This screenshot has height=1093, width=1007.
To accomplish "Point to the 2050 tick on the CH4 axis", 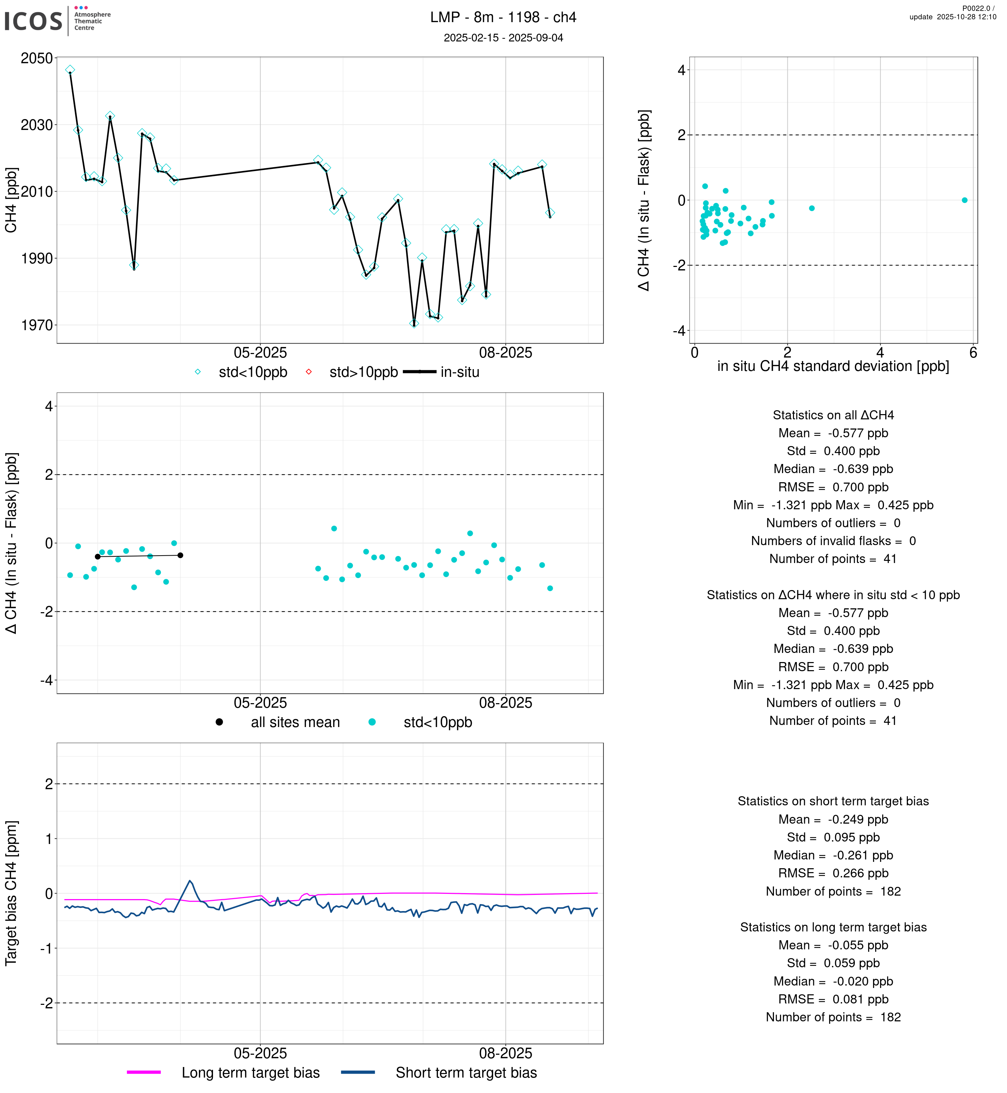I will pos(37,58).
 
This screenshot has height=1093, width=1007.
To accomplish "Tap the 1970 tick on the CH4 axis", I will pos(37,326).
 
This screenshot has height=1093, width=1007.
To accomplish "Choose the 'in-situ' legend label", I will pos(459,373).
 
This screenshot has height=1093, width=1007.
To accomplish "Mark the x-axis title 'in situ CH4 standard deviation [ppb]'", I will pos(833,367).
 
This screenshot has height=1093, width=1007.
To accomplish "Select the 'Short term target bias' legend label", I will pos(466,1073).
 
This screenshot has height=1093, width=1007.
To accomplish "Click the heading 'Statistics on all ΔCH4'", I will pos(833,415).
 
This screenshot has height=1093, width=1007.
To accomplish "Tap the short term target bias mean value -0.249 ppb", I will pos(857,820).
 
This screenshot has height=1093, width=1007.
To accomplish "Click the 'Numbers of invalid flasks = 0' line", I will pos(833,541).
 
